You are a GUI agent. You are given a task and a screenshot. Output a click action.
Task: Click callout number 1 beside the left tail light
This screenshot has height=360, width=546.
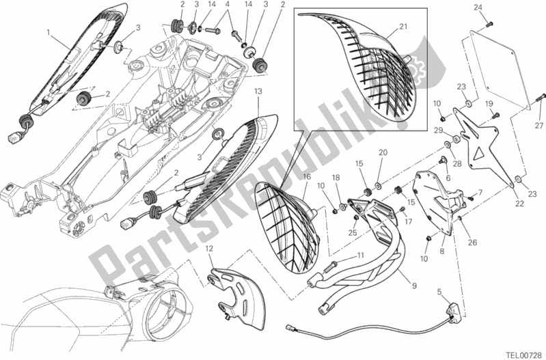49,32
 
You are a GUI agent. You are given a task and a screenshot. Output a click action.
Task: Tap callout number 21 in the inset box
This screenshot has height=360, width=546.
402,26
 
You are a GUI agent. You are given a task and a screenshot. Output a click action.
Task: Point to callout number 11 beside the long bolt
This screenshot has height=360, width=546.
357,255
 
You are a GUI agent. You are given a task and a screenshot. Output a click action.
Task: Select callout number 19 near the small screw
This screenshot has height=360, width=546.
489,103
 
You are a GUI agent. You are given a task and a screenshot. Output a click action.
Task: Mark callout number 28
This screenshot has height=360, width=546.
456,165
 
